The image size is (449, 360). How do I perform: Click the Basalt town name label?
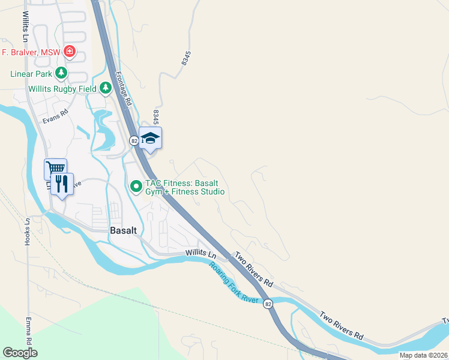pyautogui.click(x=124, y=230)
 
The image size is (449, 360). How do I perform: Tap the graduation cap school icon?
pyautogui.click(x=150, y=138)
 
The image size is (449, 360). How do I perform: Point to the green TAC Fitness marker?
pyautogui.click(x=136, y=187)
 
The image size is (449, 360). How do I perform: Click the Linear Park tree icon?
pyautogui.click(x=61, y=73)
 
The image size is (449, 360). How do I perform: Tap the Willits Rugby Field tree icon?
pyautogui.click(x=106, y=89)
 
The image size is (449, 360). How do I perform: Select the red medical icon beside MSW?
pyautogui.click(x=70, y=52)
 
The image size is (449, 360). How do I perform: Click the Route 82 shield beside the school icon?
pyautogui.click(x=134, y=140)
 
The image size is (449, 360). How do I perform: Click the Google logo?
pyautogui.click(x=20, y=353)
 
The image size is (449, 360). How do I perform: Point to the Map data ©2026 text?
pyautogui.click(x=424, y=355)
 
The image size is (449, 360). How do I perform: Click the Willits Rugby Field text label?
pyautogui.click(x=63, y=89)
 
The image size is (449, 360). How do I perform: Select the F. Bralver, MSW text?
pyautogui.click(x=31, y=52)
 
